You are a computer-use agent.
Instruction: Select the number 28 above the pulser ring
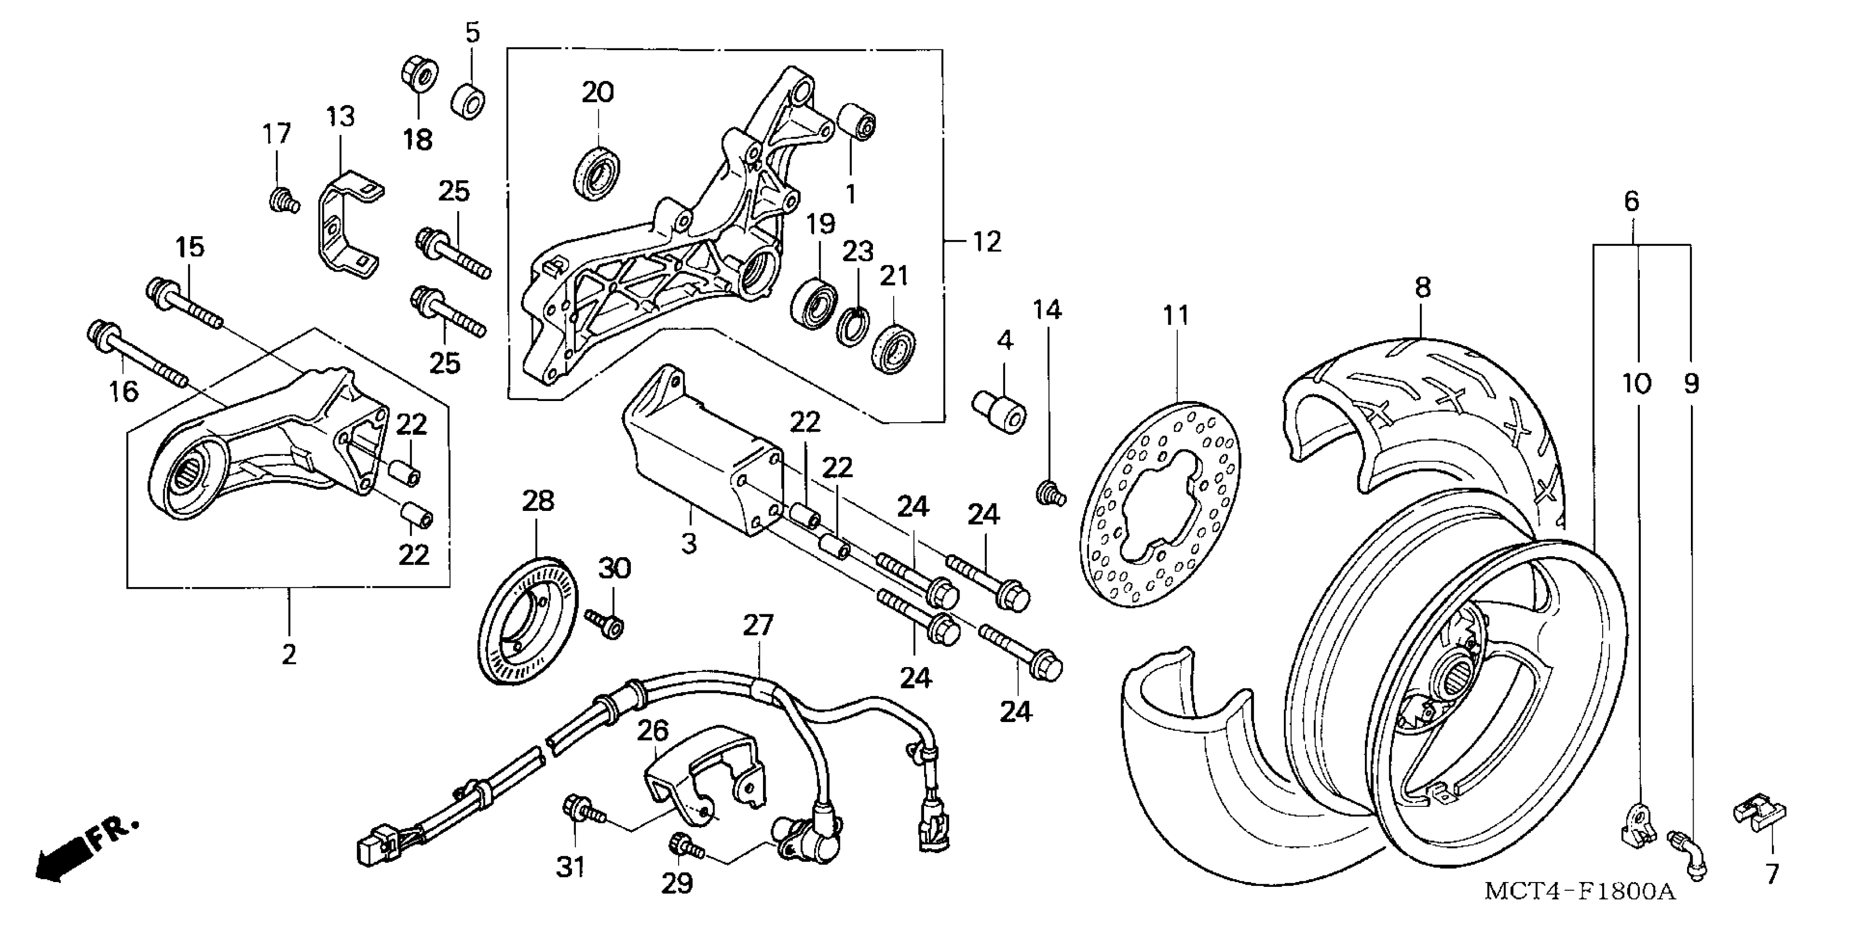click(538, 501)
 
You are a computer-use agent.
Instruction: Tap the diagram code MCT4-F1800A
click(1579, 892)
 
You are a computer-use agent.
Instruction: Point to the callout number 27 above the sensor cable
click(757, 625)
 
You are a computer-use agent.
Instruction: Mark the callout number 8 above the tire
click(1422, 287)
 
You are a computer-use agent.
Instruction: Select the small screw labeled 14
click(1050, 494)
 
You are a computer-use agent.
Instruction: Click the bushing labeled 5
click(468, 101)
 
